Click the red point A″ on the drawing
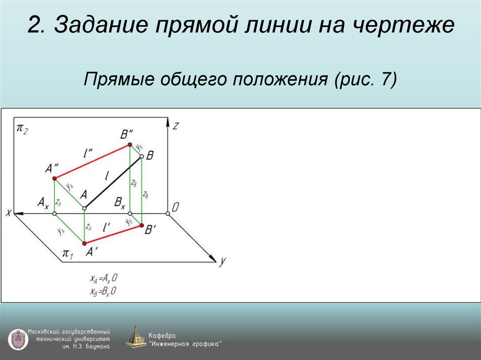pos(54,178)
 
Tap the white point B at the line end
pos(141,156)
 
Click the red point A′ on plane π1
pos(85,243)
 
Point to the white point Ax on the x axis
pos(54,214)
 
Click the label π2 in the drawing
pos(22,128)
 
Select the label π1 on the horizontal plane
pos(68,254)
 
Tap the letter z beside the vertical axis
pos(175,125)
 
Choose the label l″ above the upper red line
pos(87,153)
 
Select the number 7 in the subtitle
pos(387,78)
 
